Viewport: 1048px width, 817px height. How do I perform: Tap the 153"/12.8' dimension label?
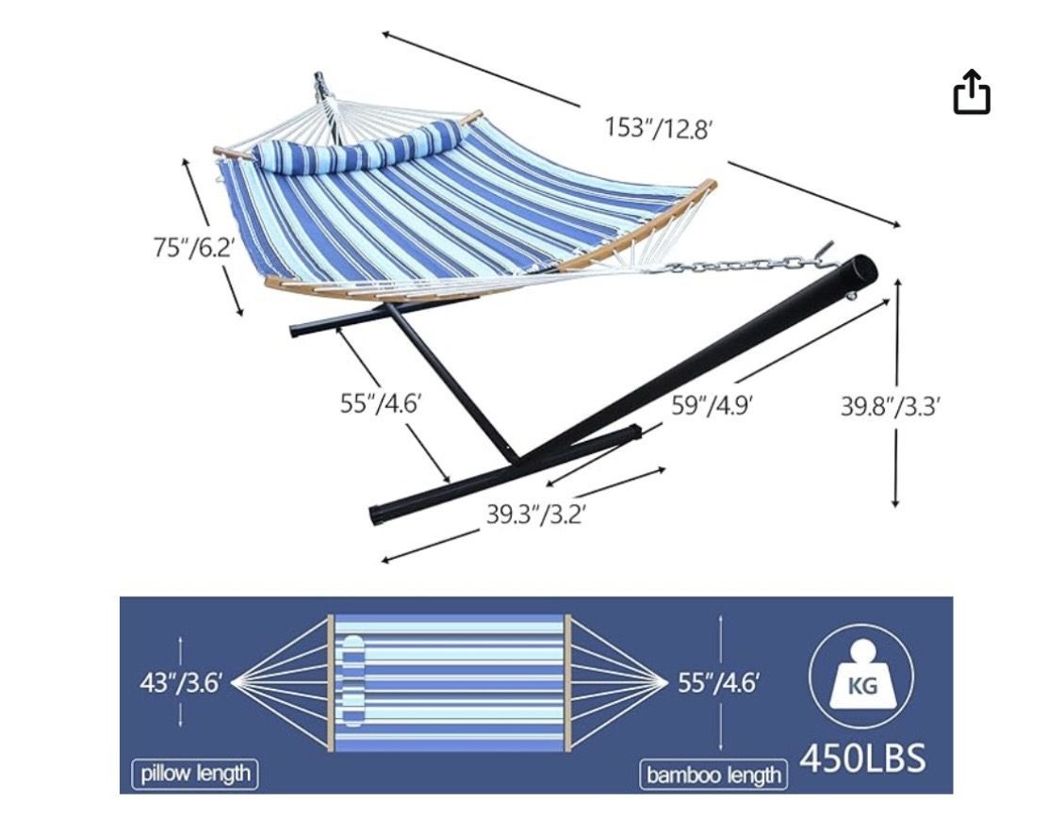[656, 127]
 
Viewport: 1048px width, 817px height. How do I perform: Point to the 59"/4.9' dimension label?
[712, 405]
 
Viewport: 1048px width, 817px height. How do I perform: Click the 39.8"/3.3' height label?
[891, 405]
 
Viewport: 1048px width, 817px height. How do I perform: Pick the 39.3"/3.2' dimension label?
[536, 514]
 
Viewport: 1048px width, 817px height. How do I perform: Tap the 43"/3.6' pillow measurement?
[180, 682]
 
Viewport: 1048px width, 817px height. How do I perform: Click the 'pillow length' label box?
[195, 774]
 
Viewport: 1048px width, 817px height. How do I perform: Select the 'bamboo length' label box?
[713, 775]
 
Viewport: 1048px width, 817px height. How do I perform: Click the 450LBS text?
[862, 758]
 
